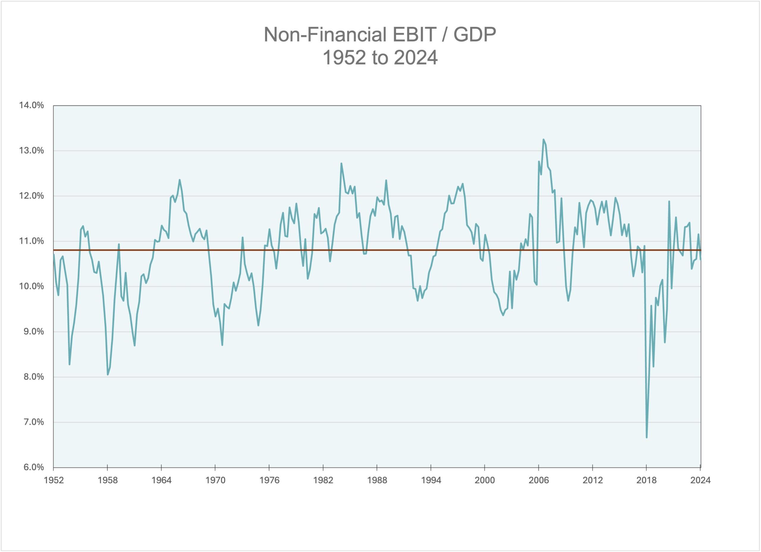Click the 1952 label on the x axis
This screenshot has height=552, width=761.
54,480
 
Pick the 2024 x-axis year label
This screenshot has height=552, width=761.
700,480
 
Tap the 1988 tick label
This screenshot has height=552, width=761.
377,480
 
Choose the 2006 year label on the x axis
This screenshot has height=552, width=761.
539,480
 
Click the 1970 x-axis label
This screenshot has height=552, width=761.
215,480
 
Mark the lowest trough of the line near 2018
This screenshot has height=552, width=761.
647,437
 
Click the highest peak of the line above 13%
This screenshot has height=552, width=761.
543,140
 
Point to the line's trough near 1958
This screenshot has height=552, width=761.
108,375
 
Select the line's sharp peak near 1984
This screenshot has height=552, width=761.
341,164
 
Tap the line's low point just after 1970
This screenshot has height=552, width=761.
222,345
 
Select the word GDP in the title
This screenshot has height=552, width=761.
474,34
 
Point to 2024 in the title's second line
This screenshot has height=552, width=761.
416,58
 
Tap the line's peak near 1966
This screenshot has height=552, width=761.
180,180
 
